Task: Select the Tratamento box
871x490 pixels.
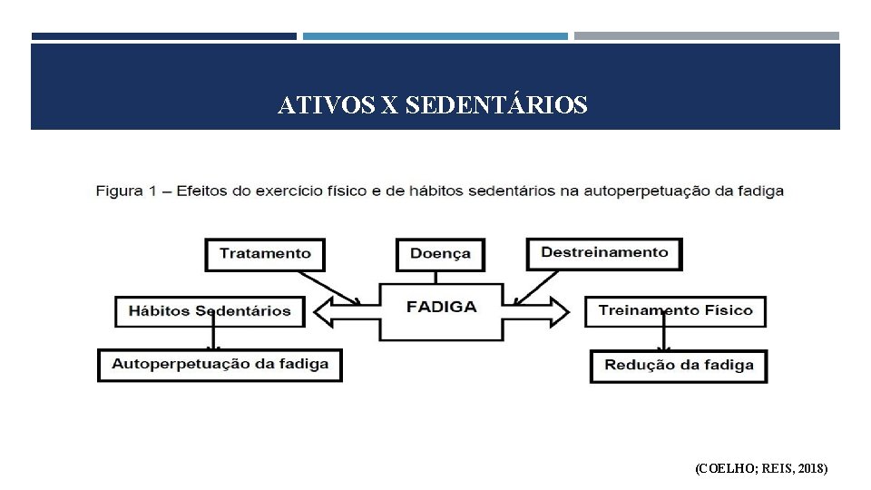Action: [x=265, y=254]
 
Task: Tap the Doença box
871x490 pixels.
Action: [x=440, y=254]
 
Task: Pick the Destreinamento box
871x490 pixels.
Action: [x=604, y=253]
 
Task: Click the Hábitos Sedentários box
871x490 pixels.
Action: [x=210, y=311]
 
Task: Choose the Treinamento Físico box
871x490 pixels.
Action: [x=675, y=311]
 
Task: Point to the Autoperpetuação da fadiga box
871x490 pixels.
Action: [x=220, y=365]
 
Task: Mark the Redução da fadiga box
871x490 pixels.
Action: [x=679, y=366]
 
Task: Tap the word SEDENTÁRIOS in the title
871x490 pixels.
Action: [x=496, y=106]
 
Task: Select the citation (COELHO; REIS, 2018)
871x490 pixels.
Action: [x=761, y=468]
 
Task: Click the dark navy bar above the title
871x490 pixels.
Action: [x=163, y=36]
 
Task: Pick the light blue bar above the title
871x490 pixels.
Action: [x=435, y=36]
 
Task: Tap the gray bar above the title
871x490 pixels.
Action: [x=706, y=36]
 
